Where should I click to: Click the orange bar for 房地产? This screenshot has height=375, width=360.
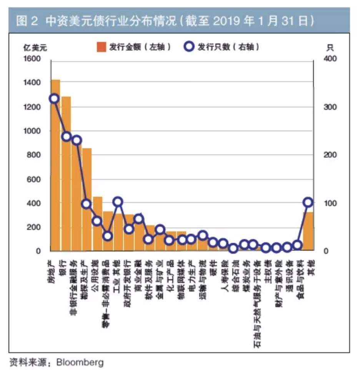coord(55,166)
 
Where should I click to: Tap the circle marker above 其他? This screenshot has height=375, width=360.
coord(308,202)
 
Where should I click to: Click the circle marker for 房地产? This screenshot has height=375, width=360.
coord(54,99)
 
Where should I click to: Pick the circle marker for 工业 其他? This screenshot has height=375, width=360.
coord(118,201)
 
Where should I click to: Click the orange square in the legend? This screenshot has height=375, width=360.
coord(101,47)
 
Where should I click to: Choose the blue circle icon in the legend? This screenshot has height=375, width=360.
coord(189,47)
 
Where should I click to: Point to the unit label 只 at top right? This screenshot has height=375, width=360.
coord(330,48)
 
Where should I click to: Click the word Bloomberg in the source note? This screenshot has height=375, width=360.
coord(80,362)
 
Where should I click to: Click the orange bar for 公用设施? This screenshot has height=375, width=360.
coord(98,223)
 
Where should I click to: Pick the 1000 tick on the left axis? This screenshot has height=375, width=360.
coord(33,131)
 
